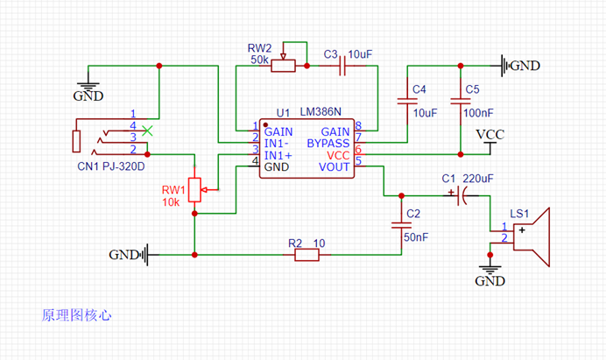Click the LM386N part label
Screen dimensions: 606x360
pos(321,112)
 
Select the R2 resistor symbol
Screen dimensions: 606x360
pos(307,255)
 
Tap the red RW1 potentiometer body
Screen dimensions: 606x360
pos(194,190)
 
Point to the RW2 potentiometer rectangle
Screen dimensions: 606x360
pos(283,66)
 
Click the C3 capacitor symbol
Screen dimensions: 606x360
pos(342,66)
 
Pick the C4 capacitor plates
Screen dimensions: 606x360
pos(407,102)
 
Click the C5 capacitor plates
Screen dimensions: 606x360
pos(461,102)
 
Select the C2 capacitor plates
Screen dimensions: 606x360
pos(402,225)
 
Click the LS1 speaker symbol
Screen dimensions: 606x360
pos(532,237)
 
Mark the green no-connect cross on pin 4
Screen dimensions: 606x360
pos(147,131)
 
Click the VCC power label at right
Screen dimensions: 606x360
pos(490,135)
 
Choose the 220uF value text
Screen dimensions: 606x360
pos(478,179)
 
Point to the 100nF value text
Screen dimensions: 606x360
pos(478,113)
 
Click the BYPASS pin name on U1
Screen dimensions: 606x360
pos(328,144)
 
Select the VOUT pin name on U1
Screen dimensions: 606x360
pos(334,167)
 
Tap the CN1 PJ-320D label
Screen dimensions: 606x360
pos(111,166)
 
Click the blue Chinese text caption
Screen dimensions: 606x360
pos(76,315)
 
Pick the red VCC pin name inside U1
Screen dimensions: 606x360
pos(338,155)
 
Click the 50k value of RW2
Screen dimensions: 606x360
pos(259,60)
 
